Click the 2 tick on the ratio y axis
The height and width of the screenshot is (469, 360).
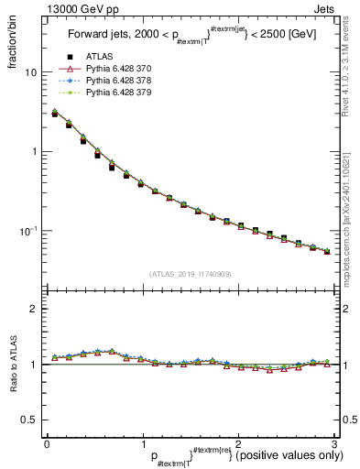click(33, 310)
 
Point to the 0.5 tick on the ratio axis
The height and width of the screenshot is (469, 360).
click(29, 420)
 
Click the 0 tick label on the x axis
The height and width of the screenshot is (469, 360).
click(47, 443)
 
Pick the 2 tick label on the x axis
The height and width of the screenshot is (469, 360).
click(238, 443)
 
